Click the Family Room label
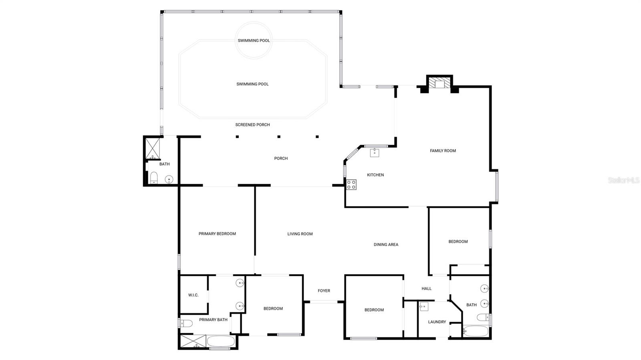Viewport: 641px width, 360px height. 443,151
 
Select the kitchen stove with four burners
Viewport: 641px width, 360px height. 351,185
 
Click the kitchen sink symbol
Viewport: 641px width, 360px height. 375,153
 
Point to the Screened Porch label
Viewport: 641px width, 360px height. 252,125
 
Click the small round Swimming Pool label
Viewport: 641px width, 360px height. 254,40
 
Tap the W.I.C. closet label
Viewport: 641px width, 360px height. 193,295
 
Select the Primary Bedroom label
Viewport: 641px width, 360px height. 217,234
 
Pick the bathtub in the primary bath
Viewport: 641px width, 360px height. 221,342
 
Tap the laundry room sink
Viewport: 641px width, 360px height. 424,307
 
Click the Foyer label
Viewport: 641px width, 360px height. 324,291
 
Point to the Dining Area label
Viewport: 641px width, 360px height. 386,245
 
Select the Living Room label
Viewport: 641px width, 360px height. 300,234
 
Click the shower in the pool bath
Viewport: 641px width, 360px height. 152,148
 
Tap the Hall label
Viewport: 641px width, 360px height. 426,289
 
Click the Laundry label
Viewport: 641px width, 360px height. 437,322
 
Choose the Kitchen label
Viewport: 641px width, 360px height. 375,175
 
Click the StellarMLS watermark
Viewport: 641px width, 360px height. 623,181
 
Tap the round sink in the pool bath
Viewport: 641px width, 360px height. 169,179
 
